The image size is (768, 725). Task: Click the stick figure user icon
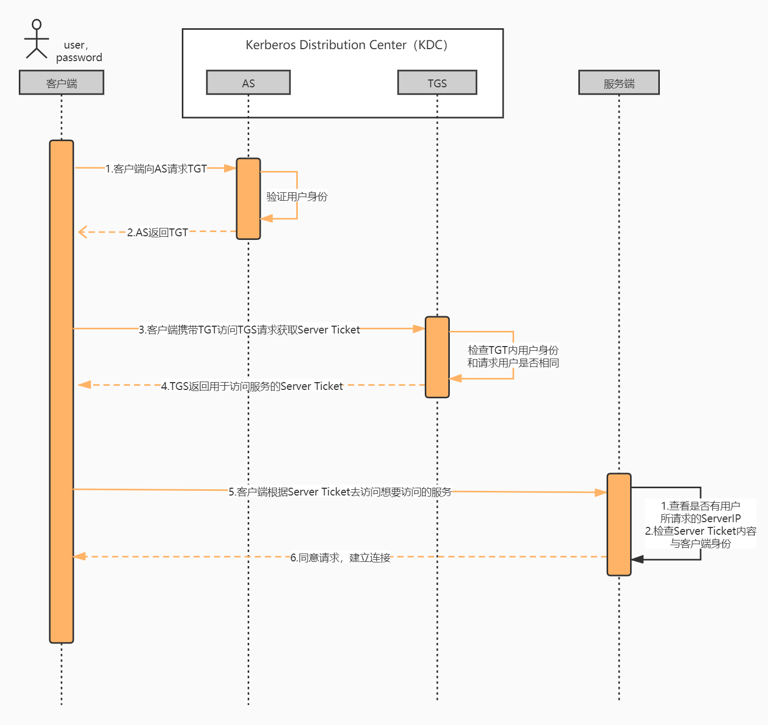[37, 39]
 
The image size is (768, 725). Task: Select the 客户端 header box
[62, 83]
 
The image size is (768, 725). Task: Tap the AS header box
[248, 83]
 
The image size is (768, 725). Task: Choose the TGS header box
[437, 83]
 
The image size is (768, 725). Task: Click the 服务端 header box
[619, 83]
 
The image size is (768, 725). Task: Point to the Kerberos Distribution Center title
[346, 45]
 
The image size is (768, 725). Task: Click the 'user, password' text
[79, 51]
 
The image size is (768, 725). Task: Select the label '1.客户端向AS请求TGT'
[156, 169]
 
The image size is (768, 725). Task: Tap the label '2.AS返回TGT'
[157, 232]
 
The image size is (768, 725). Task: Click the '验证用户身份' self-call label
[297, 197]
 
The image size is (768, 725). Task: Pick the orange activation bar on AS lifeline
[248, 199]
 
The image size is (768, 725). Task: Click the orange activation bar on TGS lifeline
[437, 357]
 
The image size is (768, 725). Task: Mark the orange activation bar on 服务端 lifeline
[619, 524]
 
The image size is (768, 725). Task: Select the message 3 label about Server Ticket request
[249, 330]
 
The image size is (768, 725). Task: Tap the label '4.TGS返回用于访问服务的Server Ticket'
[252, 386]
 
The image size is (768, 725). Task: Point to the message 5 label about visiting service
[340, 492]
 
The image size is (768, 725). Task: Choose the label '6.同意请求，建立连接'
[341, 558]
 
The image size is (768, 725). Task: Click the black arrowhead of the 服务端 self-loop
[637, 559]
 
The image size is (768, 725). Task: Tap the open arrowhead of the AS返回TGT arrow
[82, 232]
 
